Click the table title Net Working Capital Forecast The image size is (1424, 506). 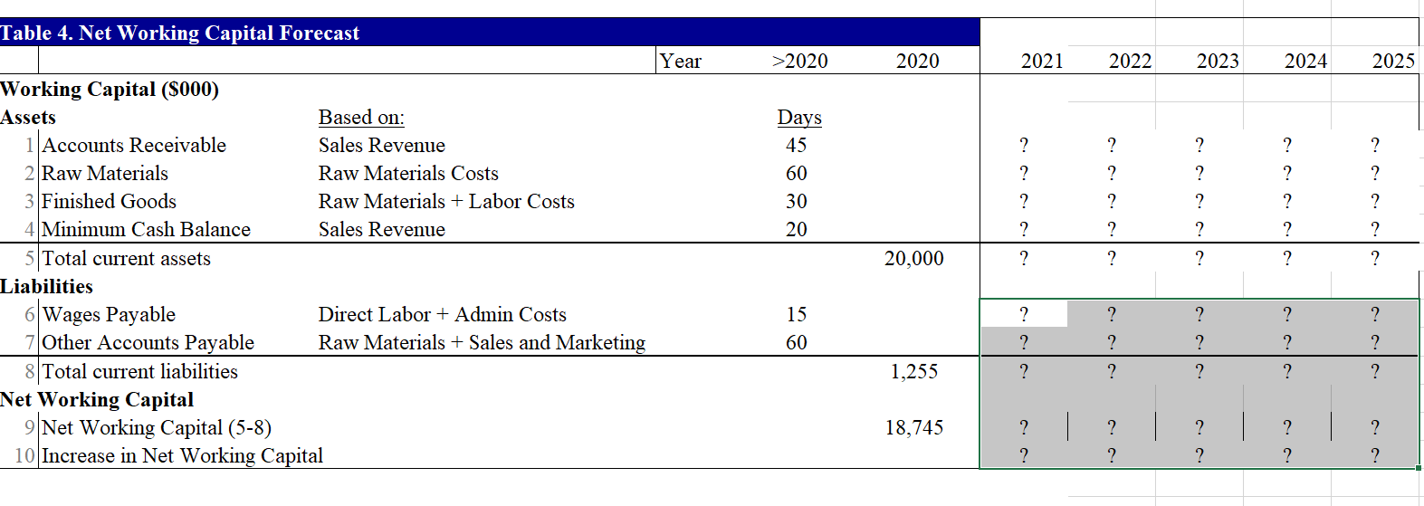179,33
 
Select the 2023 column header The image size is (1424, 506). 1218,62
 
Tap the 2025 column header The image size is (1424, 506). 1393,62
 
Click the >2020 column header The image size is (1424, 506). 799,62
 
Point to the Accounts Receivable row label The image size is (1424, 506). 134,146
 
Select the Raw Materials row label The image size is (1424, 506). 105,174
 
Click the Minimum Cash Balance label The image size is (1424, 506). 146,230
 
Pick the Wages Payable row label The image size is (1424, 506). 109,315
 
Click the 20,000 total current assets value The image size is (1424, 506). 913,259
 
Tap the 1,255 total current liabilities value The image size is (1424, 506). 914,372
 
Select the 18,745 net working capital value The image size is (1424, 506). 914,428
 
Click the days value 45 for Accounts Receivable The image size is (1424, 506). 797,146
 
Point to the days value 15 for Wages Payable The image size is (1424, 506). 797,315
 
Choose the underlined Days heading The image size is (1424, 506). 799,118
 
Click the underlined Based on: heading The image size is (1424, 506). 361,118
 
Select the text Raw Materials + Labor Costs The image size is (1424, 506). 446,202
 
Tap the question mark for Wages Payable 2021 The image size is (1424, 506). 1024,315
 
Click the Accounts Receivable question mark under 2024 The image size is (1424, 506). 1287,146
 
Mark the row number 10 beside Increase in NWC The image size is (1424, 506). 24,456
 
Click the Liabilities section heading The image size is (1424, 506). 47,287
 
